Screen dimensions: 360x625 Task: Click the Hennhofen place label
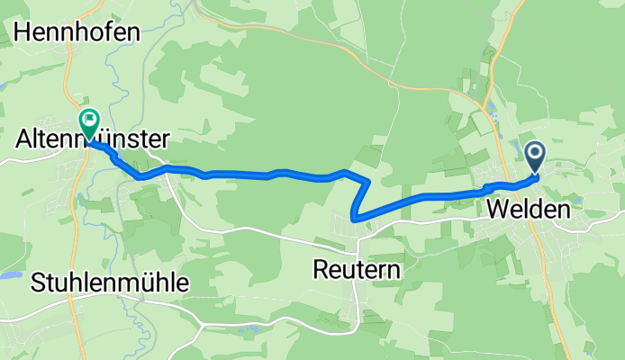tap(77, 32)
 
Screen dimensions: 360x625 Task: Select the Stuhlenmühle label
tap(110, 283)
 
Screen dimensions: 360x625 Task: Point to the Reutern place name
tap(357, 268)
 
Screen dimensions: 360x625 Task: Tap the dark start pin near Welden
tap(535, 156)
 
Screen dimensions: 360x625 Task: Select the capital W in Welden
tap(497, 211)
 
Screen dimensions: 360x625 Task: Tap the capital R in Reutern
tap(321, 268)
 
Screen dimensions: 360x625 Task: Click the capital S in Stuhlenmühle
tap(37, 283)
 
